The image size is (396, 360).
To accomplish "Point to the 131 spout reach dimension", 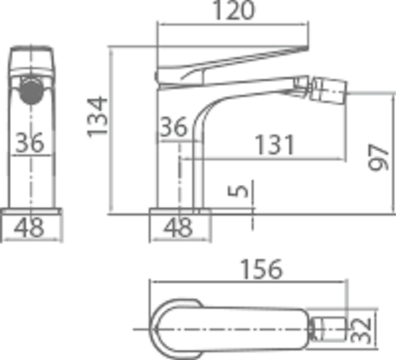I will (x=274, y=146).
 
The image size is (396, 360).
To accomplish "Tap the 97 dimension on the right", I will (x=379, y=155).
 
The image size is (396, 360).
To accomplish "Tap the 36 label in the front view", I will (x=30, y=144).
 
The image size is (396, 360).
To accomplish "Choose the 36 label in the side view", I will (x=173, y=127).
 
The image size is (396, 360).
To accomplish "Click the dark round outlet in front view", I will (x=31, y=90).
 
